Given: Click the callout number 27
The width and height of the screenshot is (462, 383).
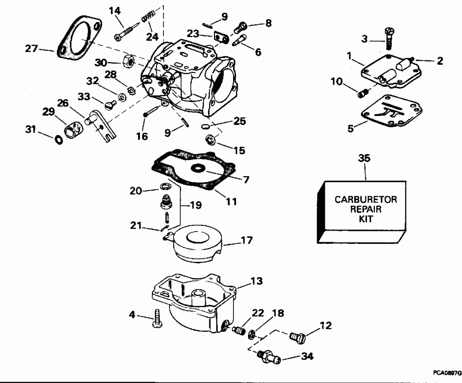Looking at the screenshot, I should click(32, 49).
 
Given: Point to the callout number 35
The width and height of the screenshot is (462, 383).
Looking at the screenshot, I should click(365, 159).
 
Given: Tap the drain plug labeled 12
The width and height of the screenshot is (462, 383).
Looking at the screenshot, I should click(297, 337).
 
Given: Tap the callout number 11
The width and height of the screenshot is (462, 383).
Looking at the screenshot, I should click(231, 202).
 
